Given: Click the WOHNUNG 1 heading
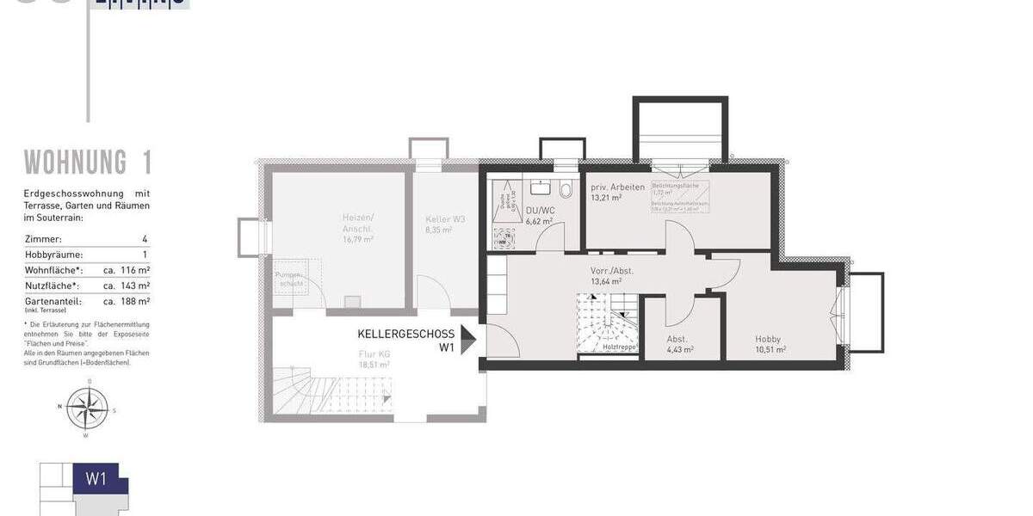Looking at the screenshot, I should pyautogui.click(x=88, y=162).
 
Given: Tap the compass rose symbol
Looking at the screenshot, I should pyautogui.click(x=88, y=408).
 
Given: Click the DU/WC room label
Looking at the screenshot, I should pyautogui.click(x=539, y=210).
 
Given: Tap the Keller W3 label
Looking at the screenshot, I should pyautogui.click(x=445, y=219).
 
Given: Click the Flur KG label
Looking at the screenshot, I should pyautogui.click(x=374, y=353).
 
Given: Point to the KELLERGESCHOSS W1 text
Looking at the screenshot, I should pyautogui.click(x=406, y=340).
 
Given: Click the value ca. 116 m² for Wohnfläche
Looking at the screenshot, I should pyautogui.click(x=127, y=270).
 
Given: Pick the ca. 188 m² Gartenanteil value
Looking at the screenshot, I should pyautogui.click(x=127, y=301).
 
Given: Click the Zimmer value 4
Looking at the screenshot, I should pyautogui.click(x=145, y=238).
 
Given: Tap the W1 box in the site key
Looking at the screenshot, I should pyautogui.click(x=96, y=479).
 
